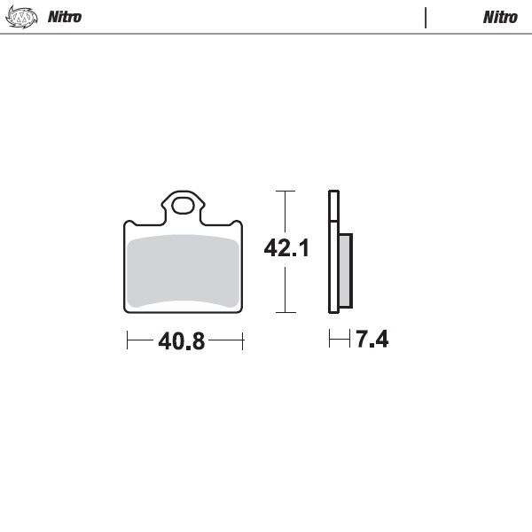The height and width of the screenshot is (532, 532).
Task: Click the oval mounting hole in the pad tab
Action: (x=184, y=207)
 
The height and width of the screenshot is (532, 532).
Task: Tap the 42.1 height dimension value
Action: (x=286, y=249)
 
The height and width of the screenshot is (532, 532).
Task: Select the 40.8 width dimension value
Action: (x=182, y=340)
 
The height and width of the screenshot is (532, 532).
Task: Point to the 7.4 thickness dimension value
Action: (x=372, y=339)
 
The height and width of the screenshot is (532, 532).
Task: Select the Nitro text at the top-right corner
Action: (x=500, y=17)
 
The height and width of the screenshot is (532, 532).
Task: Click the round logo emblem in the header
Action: (x=27, y=17)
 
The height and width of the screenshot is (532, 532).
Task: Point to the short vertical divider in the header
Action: (x=426, y=18)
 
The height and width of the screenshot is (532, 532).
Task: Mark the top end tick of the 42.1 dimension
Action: (x=284, y=191)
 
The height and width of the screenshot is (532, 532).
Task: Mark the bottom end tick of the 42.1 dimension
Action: (x=284, y=312)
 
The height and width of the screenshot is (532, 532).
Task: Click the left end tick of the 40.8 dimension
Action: (x=128, y=340)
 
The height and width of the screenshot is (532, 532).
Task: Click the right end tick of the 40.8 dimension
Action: (x=242, y=340)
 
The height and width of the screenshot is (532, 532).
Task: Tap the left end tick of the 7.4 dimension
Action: (x=329, y=339)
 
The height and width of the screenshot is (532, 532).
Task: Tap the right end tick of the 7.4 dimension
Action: (x=346, y=339)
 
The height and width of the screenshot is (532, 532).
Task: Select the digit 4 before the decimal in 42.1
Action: (x=270, y=249)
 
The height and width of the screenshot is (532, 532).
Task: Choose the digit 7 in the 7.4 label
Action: (x=362, y=339)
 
